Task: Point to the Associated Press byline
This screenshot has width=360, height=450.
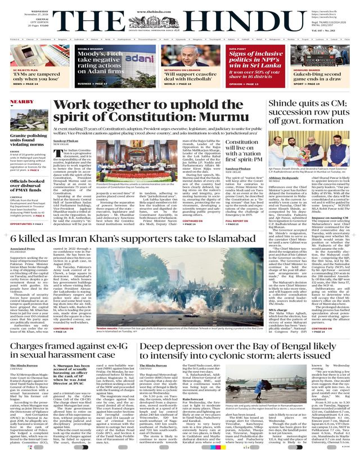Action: (24, 249)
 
